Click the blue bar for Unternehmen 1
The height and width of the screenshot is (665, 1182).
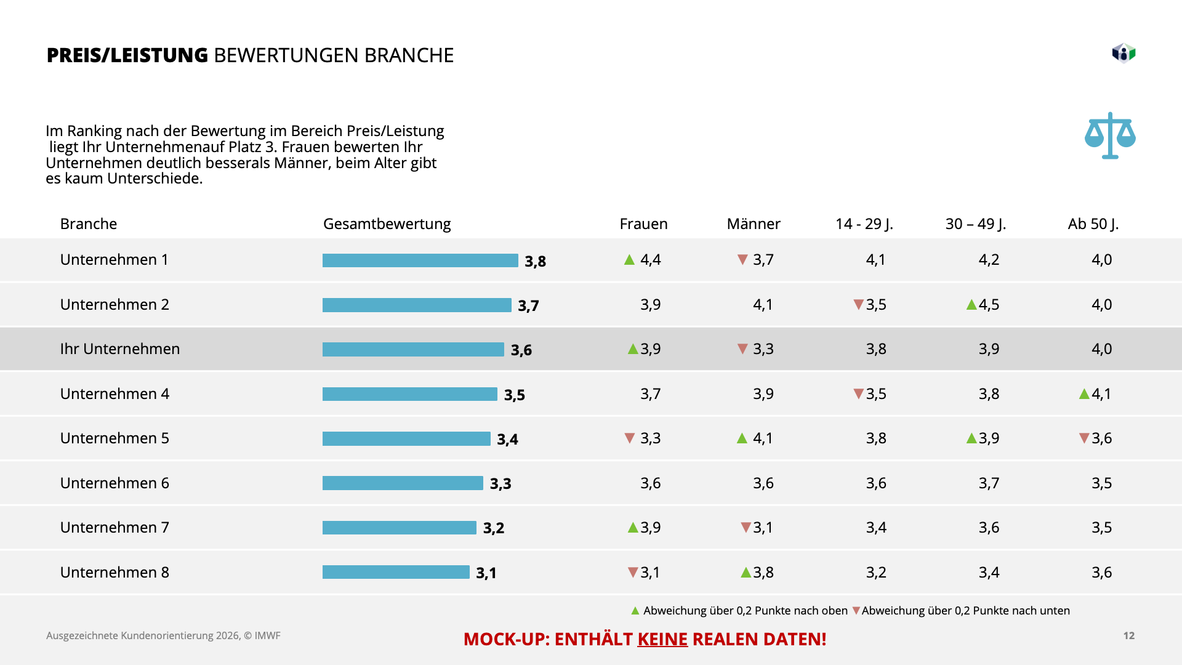[x=420, y=260]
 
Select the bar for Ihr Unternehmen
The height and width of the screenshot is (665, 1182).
[x=413, y=350]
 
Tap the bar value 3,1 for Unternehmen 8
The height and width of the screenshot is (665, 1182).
[x=486, y=573]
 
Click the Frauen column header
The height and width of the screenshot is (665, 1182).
[x=643, y=224]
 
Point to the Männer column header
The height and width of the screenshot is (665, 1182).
[x=754, y=224]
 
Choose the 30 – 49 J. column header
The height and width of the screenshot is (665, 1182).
[x=975, y=224]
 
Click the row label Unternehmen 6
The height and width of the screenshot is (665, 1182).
[x=115, y=483]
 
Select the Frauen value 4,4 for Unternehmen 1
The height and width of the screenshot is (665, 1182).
[x=650, y=260]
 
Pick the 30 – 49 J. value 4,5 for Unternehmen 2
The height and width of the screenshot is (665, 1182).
[x=989, y=305]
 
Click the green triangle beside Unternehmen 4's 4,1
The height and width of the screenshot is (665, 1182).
[x=1084, y=394]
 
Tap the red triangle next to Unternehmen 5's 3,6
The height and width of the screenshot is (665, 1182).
[x=1084, y=438]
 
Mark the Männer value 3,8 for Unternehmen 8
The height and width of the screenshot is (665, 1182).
[x=763, y=573]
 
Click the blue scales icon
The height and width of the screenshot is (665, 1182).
[x=1110, y=135]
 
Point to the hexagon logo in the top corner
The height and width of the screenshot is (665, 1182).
[x=1124, y=54]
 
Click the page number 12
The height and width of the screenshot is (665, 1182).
[x=1128, y=635]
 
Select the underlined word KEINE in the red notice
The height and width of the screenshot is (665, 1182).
[x=662, y=639]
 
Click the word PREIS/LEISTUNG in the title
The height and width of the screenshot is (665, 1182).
[x=127, y=55]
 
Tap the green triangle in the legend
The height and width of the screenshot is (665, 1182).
[x=635, y=611]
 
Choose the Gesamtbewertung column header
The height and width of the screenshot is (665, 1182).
[x=387, y=224]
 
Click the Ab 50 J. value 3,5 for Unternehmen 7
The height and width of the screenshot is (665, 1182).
[x=1101, y=528]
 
